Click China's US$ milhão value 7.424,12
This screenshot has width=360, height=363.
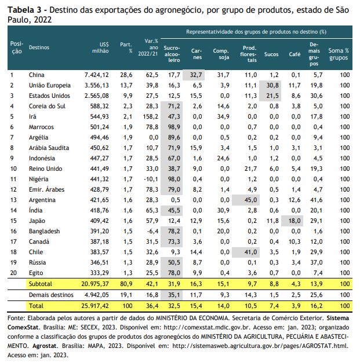pyautogui.click(x=96, y=75)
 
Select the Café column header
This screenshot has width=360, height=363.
pyautogui.click(x=294, y=54)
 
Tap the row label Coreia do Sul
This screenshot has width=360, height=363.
pyautogui.click(x=47, y=107)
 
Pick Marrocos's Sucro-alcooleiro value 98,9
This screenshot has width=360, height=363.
pyautogui.click(x=174, y=127)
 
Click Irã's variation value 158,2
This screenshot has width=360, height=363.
pyautogui.click(x=151, y=117)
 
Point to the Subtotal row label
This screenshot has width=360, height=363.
pyautogui.click(x=41, y=284)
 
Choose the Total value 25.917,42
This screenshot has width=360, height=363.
pyautogui.click(x=95, y=306)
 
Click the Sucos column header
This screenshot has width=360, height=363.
pyautogui.click(x=271, y=54)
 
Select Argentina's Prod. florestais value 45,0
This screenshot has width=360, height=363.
pyautogui.click(x=250, y=200)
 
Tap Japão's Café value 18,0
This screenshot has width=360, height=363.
pyautogui.click(x=294, y=221)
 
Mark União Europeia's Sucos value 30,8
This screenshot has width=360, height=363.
pyautogui.click(x=272, y=86)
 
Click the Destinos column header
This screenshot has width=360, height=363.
pyautogui.click(x=39, y=47)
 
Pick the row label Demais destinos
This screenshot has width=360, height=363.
pyautogui.click(x=51, y=295)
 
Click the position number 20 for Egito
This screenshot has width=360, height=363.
pyautogui.click(x=13, y=273)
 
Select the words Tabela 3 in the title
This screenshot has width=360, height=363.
pyautogui.click(x=24, y=10)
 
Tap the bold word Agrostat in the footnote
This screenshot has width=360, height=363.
pyautogui.click(x=44, y=346)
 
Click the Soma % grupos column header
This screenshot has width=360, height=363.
pyautogui.click(x=339, y=54)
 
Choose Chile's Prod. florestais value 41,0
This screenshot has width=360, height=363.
pyautogui.click(x=250, y=252)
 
